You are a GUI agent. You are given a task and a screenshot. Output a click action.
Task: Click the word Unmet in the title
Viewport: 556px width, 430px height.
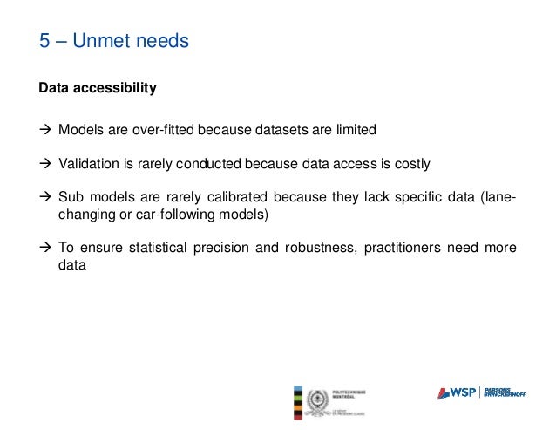pos(108,41)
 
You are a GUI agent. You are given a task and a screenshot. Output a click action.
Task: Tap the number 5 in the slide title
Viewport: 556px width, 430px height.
pos(44,41)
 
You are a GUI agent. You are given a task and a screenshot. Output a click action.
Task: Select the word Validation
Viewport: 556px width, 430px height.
pos(87,163)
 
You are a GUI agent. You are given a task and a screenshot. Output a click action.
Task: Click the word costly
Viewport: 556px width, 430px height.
pos(410,163)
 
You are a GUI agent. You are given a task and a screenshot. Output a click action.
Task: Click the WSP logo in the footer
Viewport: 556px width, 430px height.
pos(457,392)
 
